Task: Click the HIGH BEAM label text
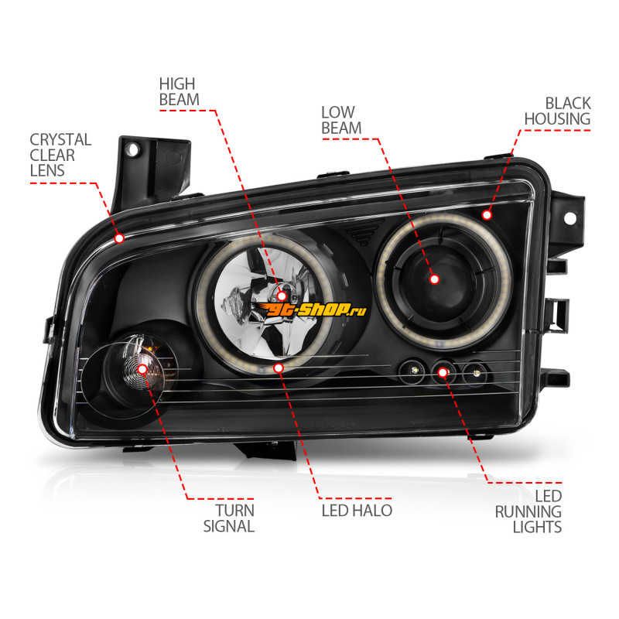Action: pyautogui.click(x=180, y=91)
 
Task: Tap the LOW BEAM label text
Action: pyautogui.click(x=341, y=120)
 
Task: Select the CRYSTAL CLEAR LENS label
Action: pyautogui.click(x=60, y=156)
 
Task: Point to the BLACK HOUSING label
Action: pyautogui.click(x=557, y=111)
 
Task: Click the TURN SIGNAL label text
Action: pyautogui.click(x=229, y=518)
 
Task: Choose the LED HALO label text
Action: pyautogui.click(x=357, y=511)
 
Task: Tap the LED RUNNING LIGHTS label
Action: pyautogui.click(x=528, y=511)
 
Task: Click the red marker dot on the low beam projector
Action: pyautogui.click(x=434, y=279)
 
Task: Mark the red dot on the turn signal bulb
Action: pyautogui.click(x=142, y=370)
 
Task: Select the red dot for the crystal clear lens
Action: pyautogui.click(x=119, y=238)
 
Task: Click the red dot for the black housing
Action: pyautogui.click(x=487, y=215)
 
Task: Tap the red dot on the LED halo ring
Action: pyautogui.click(x=279, y=368)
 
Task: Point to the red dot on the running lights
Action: pyautogui.click(x=443, y=373)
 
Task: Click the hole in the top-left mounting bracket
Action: pyautogui.click(x=132, y=149)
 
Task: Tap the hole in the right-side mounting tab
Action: pyautogui.click(x=569, y=218)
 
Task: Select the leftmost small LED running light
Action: pyautogui.click(x=413, y=371)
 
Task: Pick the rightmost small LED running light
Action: pyautogui.click(x=476, y=373)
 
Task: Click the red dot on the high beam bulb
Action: pyautogui.click(x=282, y=296)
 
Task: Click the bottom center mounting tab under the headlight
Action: pyautogui.click(x=266, y=450)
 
